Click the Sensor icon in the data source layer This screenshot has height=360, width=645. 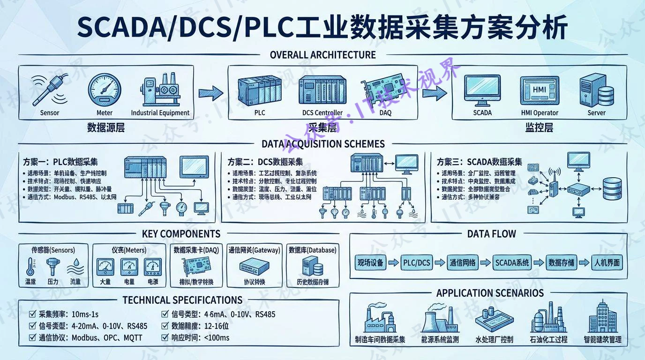tap(49, 89)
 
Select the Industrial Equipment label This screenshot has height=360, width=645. tap(160, 113)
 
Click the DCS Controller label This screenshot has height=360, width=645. tap(322, 113)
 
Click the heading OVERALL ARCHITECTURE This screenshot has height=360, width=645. tap(322, 55)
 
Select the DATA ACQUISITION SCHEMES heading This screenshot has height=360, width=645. tap(322, 144)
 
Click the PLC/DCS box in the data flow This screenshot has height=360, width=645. tap(417, 262)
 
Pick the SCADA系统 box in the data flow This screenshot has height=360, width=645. tap(512, 262)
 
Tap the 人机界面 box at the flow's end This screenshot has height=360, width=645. tap(607, 262)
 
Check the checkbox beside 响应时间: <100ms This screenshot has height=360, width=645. tap(165, 337)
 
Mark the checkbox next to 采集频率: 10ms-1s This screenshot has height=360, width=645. tap(32, 314)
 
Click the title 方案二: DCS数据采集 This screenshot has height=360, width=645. tap(265, 162)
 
